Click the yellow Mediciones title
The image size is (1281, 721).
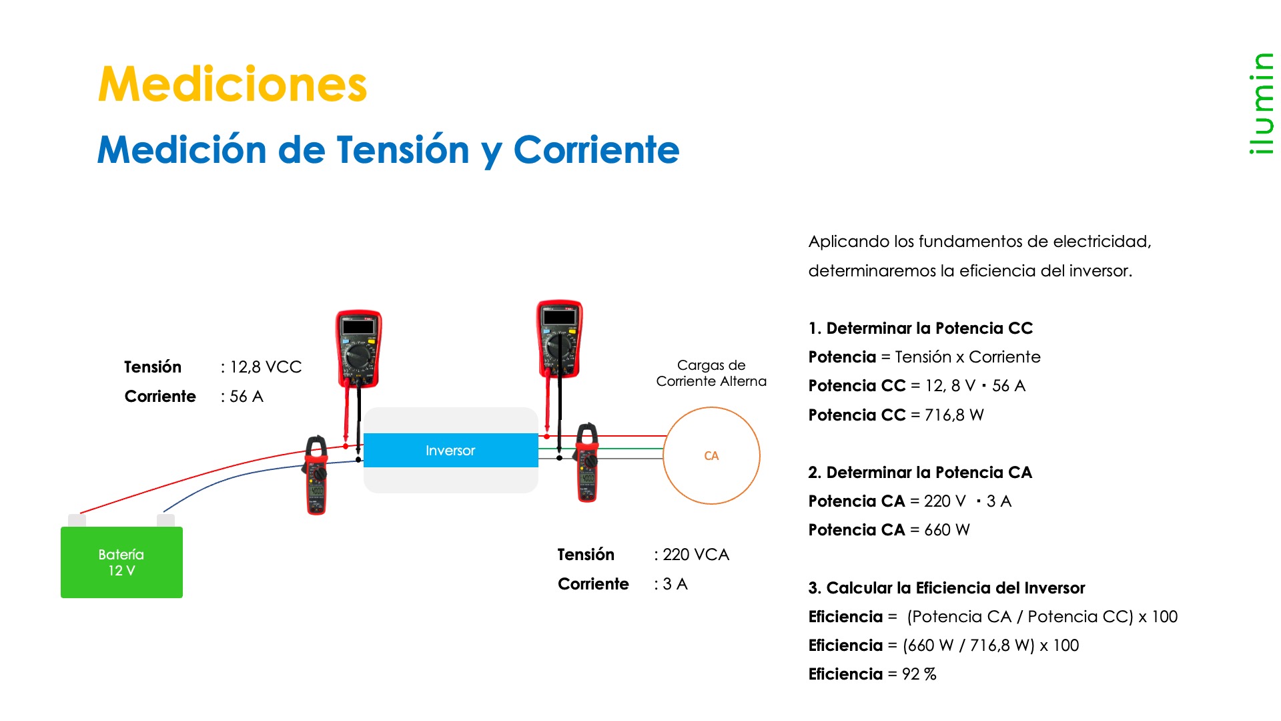[x=232, y=85]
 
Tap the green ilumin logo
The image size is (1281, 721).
[x=1260, y=103]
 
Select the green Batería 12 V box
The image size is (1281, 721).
[x=121, y=562]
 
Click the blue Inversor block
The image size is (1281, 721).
[x=451, y=451]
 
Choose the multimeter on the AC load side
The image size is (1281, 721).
[x=560, y=339]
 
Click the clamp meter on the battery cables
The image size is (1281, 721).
[x=316, y=475]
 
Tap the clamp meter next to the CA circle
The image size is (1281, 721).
[x=587, y=462]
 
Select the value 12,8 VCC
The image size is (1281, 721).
[x=266, y=367]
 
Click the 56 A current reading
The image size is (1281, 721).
[x=246, y=397]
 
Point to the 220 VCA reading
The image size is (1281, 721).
[x=696, y=555]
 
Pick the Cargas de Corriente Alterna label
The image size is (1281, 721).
[x=711, y=373]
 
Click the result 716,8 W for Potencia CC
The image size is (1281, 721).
[x=954, y=415]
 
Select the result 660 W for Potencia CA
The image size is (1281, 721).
[x=947, y=530]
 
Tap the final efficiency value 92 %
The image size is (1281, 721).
[x=919, y=674]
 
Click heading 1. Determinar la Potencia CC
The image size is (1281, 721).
[x=921, y=328]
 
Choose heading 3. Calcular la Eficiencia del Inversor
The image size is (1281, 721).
[x=947, y=588]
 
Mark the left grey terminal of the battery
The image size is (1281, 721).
[x=77, y=520]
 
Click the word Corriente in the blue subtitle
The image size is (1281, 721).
[x=596, y=150]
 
